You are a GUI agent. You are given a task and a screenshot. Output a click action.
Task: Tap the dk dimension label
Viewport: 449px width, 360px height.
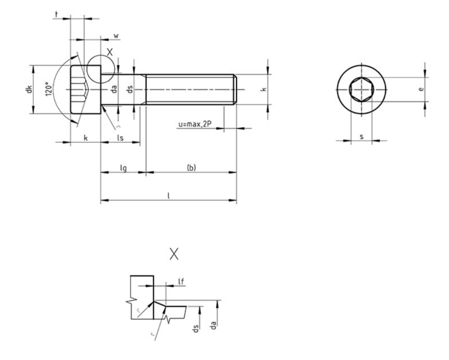[29, 89]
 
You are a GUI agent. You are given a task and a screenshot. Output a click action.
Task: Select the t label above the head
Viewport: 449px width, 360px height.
[57, 14]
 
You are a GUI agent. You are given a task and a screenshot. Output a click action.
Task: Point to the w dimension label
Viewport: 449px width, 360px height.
[116, 36]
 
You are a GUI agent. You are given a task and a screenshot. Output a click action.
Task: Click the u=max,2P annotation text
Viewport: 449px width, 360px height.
[195, 124]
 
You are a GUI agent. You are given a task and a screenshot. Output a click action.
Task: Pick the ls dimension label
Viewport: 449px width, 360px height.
[121, 138]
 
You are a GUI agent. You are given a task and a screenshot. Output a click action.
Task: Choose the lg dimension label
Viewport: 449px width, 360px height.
[123, 168]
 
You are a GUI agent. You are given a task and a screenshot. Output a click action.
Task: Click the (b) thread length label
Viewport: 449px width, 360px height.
[191, 168]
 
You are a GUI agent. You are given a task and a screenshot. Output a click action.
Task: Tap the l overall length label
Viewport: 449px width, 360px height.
[169, 196]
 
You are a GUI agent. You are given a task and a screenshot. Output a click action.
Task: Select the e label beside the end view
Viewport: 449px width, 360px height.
[421, 89]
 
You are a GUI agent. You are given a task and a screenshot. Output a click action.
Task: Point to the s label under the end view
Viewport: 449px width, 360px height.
[362, 137]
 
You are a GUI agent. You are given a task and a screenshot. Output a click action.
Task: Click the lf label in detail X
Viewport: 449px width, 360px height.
[181, 282]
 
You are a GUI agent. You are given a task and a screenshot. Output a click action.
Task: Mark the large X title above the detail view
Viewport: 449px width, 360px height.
[174, 254]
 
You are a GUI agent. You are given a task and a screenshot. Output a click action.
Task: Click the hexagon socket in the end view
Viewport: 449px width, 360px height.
[361, 89]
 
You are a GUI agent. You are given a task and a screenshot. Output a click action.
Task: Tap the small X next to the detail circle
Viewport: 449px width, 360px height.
[110, 52]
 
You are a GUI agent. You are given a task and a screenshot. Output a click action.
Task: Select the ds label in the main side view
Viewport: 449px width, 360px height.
[130, 89]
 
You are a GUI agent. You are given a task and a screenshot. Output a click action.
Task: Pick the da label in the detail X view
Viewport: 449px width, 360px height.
[214, 325]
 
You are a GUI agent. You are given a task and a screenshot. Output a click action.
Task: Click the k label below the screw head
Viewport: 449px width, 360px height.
[86, 138]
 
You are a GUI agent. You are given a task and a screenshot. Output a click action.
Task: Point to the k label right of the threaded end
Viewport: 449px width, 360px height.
[264, 89]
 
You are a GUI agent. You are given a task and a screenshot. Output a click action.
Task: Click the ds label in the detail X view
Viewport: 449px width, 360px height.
[196, 329]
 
